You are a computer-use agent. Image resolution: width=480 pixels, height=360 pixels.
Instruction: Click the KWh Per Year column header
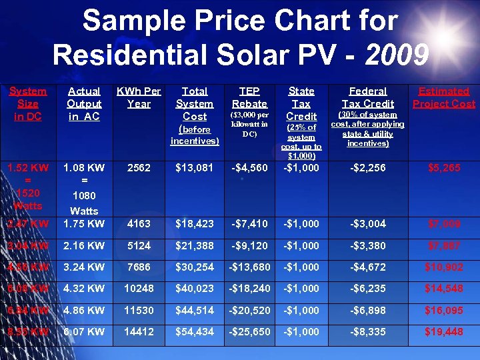(139, 97)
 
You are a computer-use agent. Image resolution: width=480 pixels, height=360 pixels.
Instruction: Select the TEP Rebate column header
(249, 97)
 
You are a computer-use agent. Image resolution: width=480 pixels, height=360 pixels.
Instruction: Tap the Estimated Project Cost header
(443, 97)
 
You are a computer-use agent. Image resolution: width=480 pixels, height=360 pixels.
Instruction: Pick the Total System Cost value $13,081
(195, 168)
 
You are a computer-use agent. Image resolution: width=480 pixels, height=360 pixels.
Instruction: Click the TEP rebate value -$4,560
(249, 168)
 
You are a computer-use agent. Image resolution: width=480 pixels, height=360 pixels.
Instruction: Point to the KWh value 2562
(139, 168)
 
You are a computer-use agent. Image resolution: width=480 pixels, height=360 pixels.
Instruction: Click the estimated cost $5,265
(443, 168)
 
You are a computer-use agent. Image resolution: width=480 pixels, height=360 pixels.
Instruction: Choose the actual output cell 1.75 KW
(84, 224)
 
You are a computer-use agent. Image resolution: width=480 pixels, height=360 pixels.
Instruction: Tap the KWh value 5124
(139, 246)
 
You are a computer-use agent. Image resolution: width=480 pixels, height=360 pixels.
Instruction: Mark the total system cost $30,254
(195, 267)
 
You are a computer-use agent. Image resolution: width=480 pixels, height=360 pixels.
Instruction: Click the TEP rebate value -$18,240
(249, 289)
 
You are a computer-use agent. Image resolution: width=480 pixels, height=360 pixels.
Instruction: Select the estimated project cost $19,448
(443, 332)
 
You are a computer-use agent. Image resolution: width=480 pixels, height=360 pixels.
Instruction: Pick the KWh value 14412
(139, 332)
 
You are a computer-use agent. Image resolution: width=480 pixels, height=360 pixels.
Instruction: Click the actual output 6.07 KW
(84, 332)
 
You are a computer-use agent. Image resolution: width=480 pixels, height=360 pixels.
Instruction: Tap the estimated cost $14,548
(443, 289)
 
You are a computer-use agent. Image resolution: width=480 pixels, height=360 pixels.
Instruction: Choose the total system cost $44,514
(195, 310)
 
